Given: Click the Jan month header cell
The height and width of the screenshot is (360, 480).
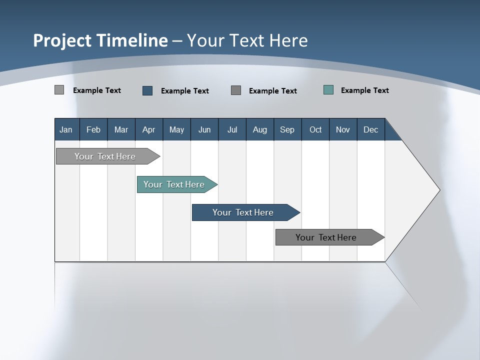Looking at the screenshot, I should pos(66,129).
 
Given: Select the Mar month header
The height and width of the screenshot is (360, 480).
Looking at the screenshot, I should pos(121,129).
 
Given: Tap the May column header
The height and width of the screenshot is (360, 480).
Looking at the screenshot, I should pos(176,129).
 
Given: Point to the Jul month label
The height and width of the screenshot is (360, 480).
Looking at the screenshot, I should pos(232,129).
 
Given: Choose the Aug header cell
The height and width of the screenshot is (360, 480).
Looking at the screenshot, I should pos(260,129).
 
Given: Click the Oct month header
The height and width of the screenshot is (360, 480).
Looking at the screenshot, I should pos(315,129).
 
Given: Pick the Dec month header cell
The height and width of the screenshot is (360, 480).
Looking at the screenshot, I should pos(371,129).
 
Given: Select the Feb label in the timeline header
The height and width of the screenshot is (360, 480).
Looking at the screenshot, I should pos(93,129).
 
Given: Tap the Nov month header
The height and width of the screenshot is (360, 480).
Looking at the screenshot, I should pos(343,129).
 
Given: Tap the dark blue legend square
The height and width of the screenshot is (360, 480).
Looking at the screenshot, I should pos(147,90).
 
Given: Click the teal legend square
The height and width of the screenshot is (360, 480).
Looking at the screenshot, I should pos(328,90).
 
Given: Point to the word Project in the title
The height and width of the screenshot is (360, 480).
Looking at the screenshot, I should pos(62,40).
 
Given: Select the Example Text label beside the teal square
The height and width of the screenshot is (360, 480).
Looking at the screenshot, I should pos(364,90).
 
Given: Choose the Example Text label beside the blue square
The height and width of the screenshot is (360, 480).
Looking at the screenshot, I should pos(184,90).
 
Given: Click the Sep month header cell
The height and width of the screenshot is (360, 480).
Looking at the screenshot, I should pos(287,129).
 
